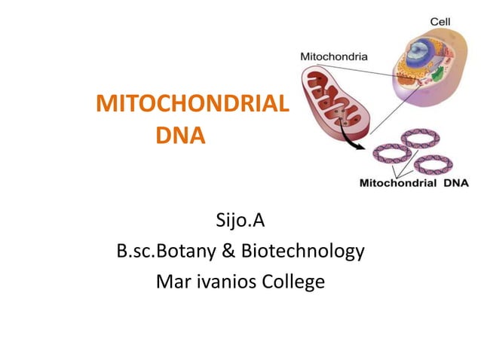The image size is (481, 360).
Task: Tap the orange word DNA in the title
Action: (180, 138)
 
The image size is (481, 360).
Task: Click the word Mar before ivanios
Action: (172, 282)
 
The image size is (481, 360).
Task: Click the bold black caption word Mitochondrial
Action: (396, 182)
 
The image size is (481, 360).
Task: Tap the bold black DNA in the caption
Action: (455, 182)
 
